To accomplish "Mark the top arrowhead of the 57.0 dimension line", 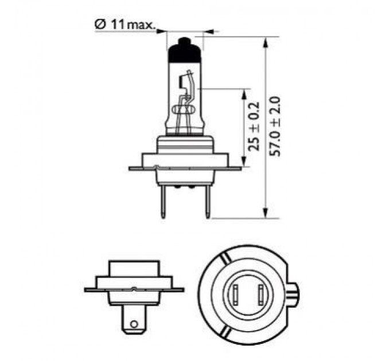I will tap(266, 41).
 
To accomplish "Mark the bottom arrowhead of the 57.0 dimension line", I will tap(266, 213).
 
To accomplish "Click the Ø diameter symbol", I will tap(98, 25).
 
